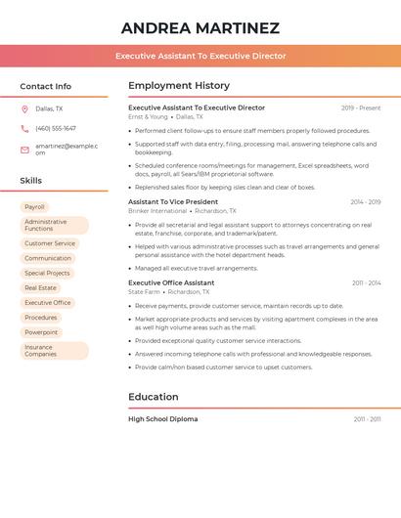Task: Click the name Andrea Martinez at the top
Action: [x=200, y=28]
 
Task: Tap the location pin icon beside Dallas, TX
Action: [x=24, y=108]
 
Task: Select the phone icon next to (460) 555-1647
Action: [x=24, y=128]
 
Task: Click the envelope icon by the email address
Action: [x=24, y=149]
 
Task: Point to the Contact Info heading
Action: [x=46, y=86]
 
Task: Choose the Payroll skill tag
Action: [x=34, y=207]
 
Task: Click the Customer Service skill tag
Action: [x=50, y=243]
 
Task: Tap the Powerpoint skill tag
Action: [x=41, y=332]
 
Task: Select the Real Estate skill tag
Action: [x=41, y=288]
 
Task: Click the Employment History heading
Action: [x=179, y=86]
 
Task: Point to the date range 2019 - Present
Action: [x=361, y=108]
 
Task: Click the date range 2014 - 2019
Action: [x=365, y=201]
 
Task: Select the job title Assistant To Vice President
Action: [x=173, y=201]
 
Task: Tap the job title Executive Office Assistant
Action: [x=171, y=282]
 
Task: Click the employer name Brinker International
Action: [x=157, y=210]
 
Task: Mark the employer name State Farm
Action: [x=144, y=291]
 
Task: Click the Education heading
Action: [x=154, y=397]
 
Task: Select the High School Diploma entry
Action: [x=162, y=419]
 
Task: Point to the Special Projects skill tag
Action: [x=47, y=273]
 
